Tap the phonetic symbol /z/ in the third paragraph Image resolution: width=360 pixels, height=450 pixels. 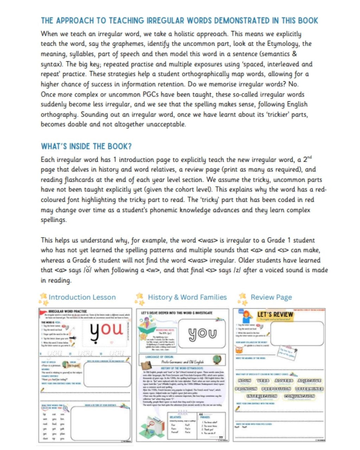[x=238, y=270]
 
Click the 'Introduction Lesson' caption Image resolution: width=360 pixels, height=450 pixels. [x=82, y=297]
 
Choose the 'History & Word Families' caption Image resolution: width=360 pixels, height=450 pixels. [x=187, y=297]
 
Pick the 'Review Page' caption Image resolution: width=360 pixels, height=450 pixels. [x=271, y=297]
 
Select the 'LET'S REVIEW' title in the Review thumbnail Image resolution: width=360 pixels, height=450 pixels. [x=275, y=315]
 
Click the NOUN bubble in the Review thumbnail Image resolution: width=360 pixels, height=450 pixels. [x=244, y=380]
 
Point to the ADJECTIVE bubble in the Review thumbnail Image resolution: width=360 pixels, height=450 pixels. [x=309, y=380]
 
